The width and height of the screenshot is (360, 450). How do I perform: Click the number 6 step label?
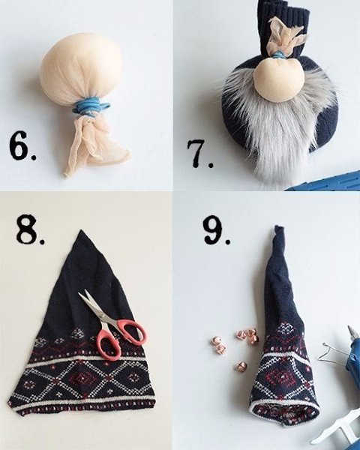click(x=22, y=146)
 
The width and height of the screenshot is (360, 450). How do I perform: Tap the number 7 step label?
click(x=199, y=154)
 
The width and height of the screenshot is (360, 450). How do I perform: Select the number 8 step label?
click(x=30, y=229)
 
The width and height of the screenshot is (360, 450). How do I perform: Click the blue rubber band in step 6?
click(x=91, y=106)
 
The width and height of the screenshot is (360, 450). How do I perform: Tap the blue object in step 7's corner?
click(x=325, y=181)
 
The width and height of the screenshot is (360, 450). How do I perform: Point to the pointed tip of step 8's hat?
click(x=82, y=230)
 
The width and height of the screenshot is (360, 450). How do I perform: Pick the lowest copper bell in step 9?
click(x=241, y=367)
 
